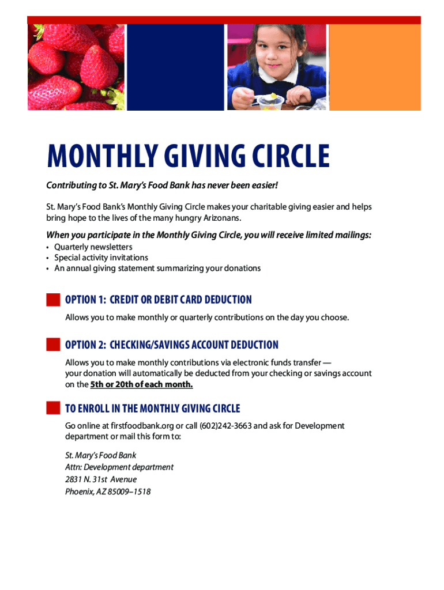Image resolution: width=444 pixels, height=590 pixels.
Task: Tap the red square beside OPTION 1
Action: click(x=53, y=300)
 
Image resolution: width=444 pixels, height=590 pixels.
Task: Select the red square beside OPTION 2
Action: click(x=53, y=345)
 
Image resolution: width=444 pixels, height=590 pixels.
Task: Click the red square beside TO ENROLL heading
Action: click(x=53, y=408)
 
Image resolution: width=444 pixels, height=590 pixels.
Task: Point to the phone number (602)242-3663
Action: click(x=226, y=426)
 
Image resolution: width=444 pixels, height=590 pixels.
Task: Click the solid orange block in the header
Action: click(x=375, y=67)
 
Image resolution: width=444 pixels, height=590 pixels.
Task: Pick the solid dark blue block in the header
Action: click(x=175, y=67)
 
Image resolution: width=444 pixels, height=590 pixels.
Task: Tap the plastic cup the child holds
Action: click(x=269, y=102)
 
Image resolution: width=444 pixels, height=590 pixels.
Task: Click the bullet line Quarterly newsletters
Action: click(x=93, y=247)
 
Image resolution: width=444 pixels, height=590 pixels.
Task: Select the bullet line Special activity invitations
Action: click(x=101, y=258)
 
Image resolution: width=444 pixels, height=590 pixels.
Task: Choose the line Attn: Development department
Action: click(x=119, y=467)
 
